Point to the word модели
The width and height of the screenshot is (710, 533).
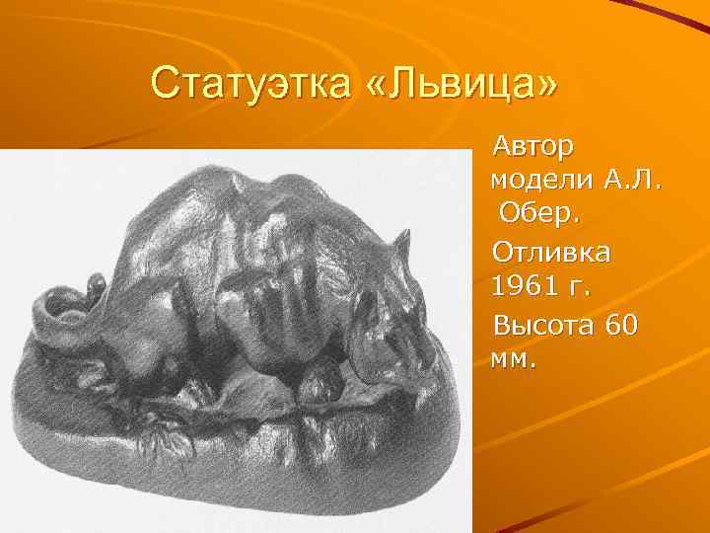click(538, 182)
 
